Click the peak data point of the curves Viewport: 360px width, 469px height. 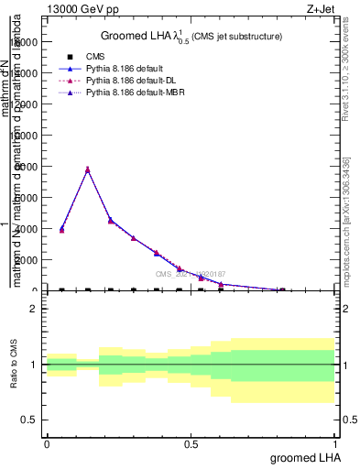[x=87, y=169]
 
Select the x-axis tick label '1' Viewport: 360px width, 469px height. [x=334, y=444]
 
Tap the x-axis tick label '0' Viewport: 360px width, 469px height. [x=46, y=444]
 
